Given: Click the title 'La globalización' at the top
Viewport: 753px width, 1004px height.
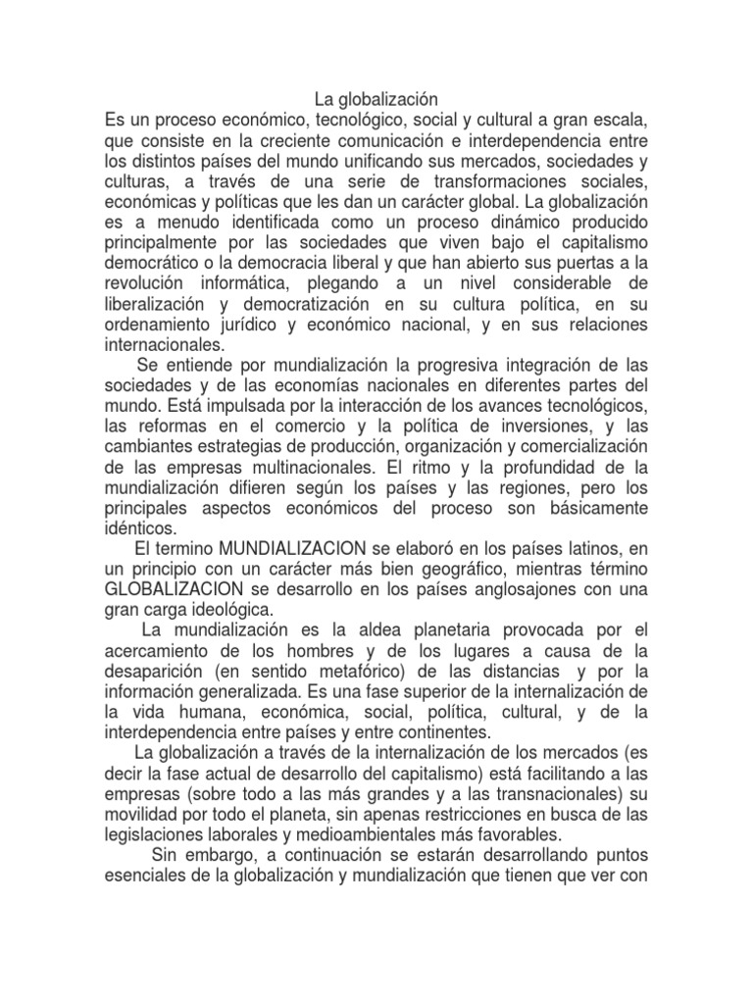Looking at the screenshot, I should [376, 99].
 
